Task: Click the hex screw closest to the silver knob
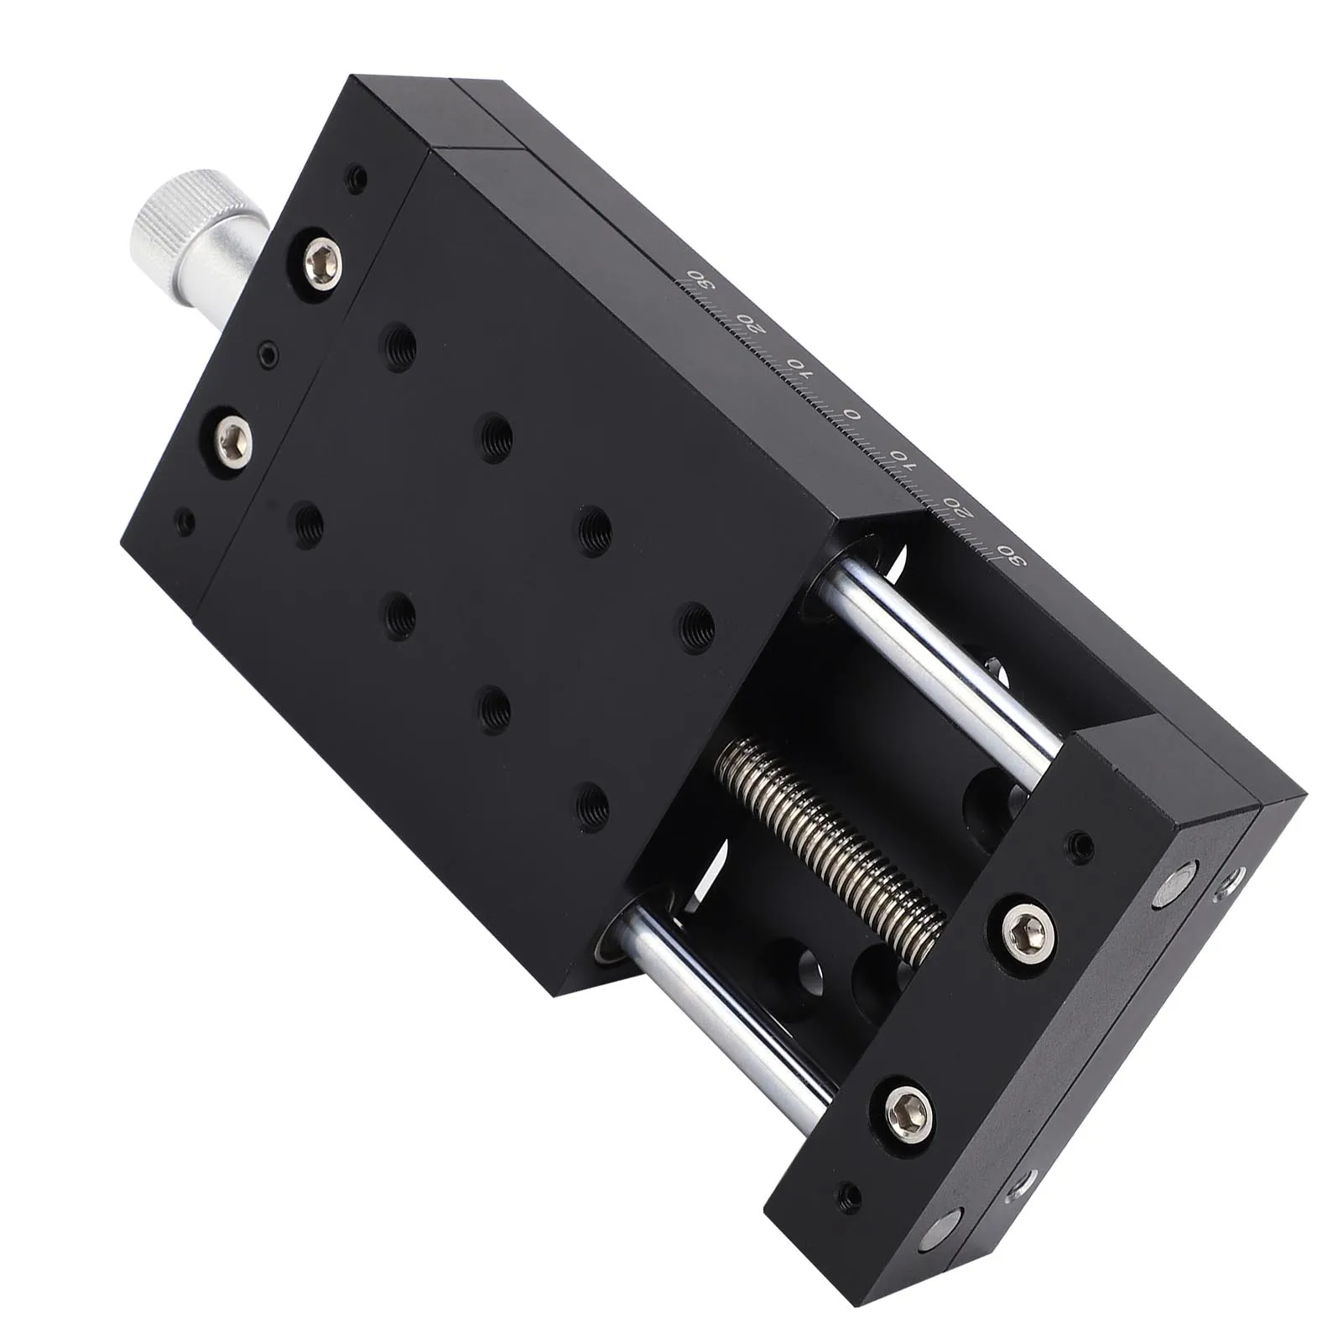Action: [323, 257]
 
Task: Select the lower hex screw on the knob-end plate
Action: [232, 438]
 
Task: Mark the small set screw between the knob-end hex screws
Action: [268, 353]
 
